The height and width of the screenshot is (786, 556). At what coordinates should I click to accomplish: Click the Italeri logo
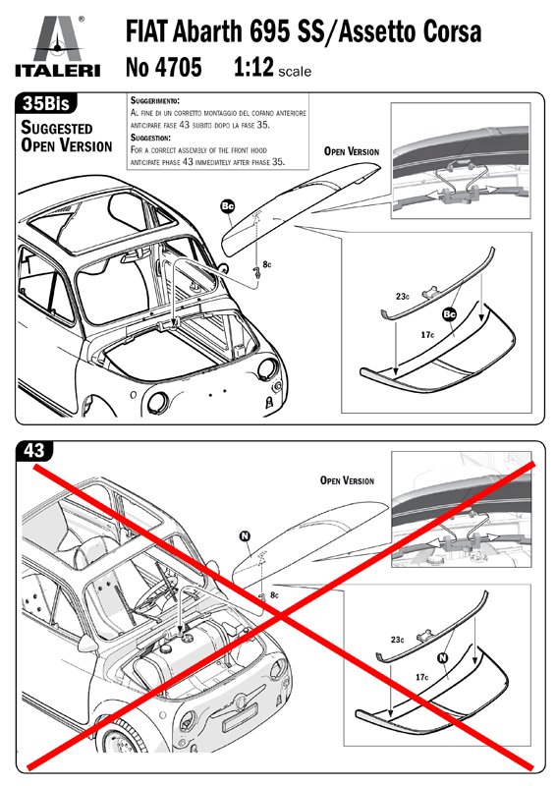(58, 46)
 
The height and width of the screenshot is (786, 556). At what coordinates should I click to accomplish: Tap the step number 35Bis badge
(46, 103)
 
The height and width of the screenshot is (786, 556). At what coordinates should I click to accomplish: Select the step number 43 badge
(34, 451)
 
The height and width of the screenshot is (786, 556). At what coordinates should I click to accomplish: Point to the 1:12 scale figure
(254, 67)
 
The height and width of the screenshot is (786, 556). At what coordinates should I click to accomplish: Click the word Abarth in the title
(207, 31)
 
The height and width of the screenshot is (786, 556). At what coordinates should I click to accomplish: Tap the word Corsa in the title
(452, 31)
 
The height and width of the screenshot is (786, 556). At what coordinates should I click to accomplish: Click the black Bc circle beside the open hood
(228, 205)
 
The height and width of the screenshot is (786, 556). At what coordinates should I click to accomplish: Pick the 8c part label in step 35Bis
(267, 264)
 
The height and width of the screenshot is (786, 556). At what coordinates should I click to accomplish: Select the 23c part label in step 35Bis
(403, 297)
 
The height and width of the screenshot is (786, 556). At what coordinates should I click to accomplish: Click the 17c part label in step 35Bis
(427, 334)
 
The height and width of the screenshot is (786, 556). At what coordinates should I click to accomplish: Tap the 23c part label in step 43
(398, 640)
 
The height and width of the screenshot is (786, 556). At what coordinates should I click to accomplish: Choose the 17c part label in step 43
(421, 677)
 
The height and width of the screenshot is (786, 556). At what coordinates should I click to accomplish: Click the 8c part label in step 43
(274, 595)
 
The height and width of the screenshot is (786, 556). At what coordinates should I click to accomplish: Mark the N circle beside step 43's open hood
(246, 536)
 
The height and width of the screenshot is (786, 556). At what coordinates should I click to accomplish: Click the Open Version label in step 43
(347, 480)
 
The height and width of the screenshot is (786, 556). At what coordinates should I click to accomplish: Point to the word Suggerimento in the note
(155, 101)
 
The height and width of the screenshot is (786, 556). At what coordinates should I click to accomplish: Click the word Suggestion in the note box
(151, 138)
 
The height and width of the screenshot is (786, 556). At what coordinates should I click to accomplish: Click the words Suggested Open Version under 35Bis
(66, 137)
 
